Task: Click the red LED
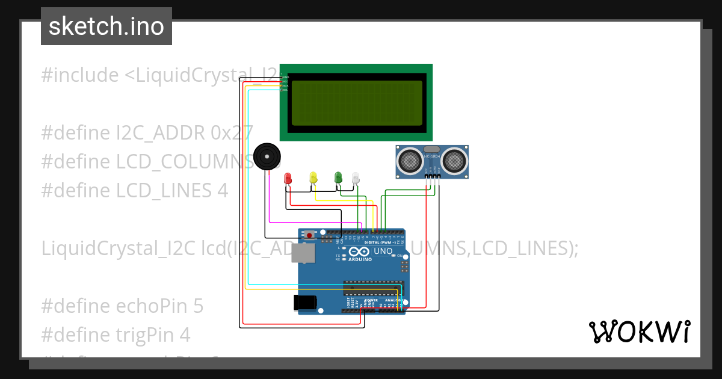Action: click(x=288, y=178)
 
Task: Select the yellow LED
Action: click(x=313, y=177)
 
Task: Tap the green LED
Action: click(x=338, y=176)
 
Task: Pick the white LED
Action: click(x=356, y=177)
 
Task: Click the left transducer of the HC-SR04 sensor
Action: click(x=410, y=160)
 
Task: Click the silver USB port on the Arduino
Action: click(x=303, y=253)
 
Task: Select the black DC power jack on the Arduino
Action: click(x=304, y=302)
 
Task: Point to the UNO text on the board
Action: click(x=383, y=251)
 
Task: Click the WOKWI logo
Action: click(x=640, y=331)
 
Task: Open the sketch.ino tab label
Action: click(x=106, y=26)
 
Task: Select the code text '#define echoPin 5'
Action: click(x=122, y=306)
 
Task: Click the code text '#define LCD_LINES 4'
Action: click(x=135, y=190)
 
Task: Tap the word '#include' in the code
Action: click(x=80, y=75)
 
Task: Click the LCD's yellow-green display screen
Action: click(x=356, y=102)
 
